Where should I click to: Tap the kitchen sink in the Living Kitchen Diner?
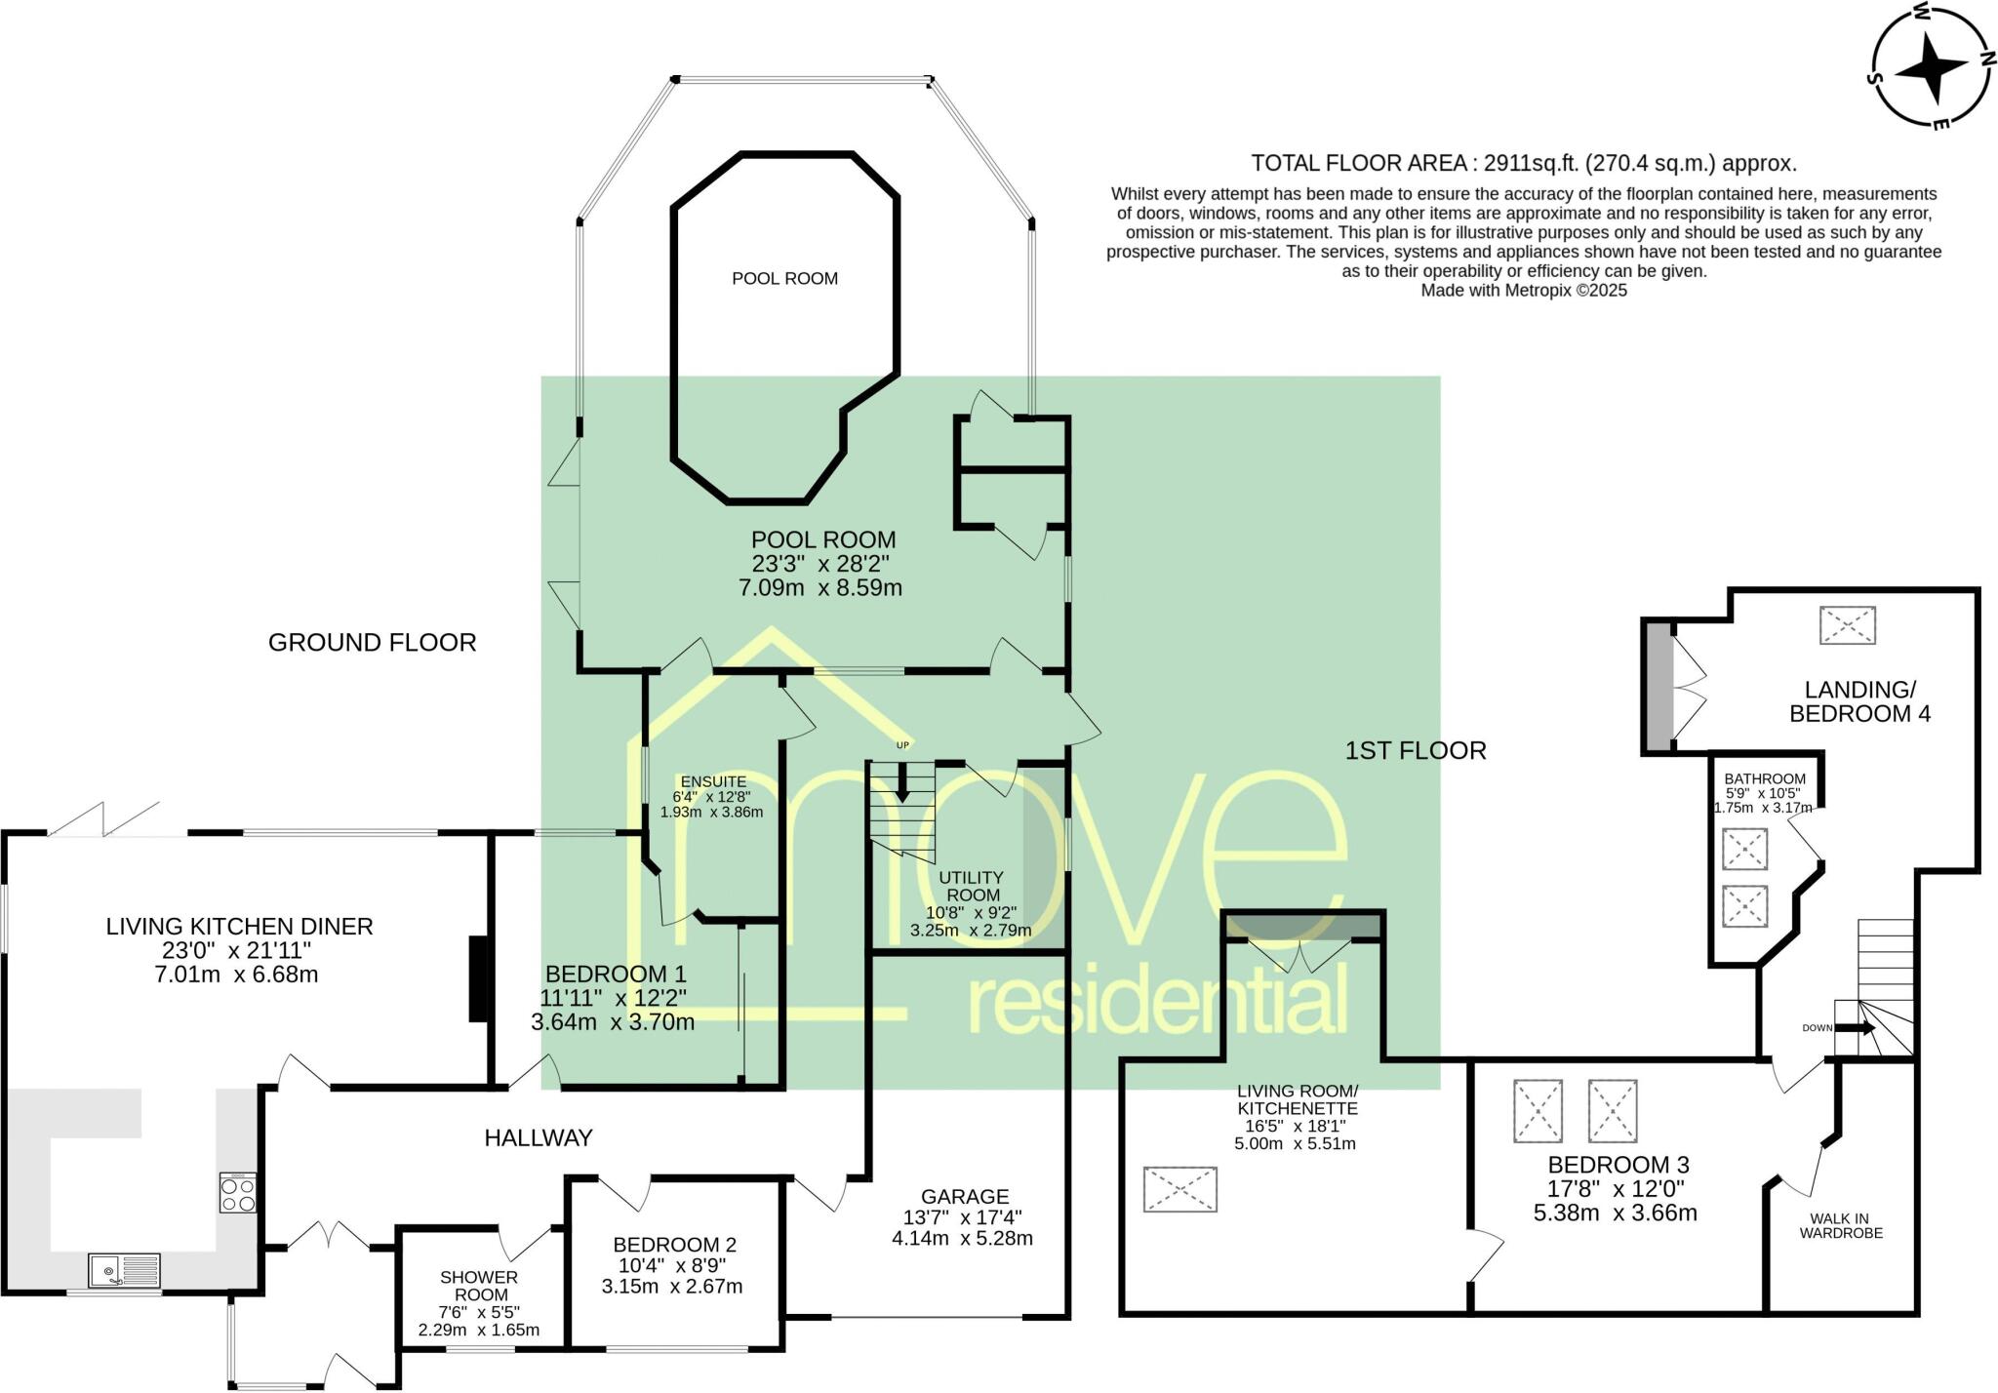[124, 1271]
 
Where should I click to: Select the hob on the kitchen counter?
[238, 1192]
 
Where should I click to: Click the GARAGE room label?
[964, 1196]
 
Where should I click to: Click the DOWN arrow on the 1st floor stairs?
[1854, 1027]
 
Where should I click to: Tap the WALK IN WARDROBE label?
[1840, 1225]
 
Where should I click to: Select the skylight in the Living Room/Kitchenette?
[1179, 1188]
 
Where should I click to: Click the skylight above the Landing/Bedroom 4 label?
[1847, 625]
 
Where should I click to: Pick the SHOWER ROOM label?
[479, 1286]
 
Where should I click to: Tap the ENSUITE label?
[713, 781]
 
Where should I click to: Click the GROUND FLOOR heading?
[372, 642]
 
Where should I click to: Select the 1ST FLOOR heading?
[1415, 750]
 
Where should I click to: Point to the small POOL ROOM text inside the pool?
[784, 279]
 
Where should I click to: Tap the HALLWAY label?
[539, 1136]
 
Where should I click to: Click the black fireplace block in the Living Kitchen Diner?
[479, 978]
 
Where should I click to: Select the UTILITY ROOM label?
[971, 886]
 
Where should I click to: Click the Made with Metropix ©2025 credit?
[1523, 290]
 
